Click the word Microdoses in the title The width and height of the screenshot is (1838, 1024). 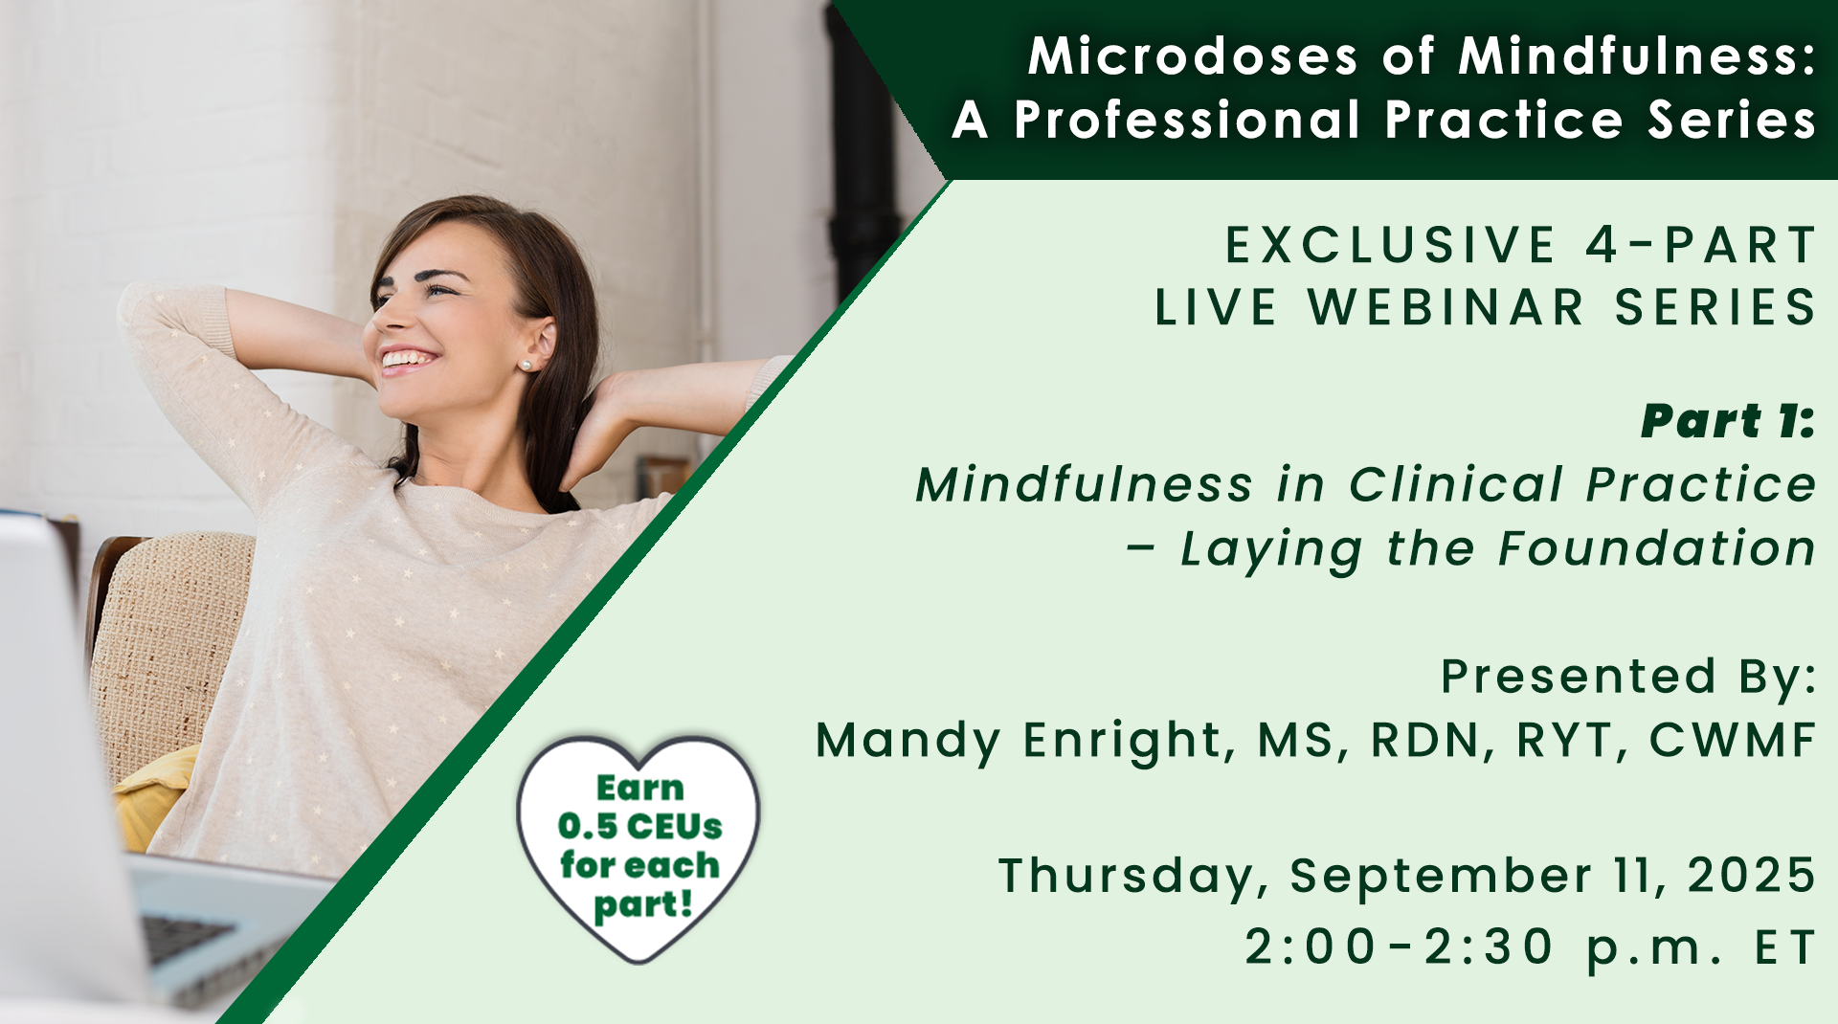[1193, 56]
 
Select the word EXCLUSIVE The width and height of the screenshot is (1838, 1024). [1390, 245]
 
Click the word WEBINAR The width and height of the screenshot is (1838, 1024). [1446, 307]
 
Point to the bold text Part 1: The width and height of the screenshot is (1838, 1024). [1728, 421]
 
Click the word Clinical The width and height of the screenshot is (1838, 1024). [1455, 484]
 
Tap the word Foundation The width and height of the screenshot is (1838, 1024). [1656, 548]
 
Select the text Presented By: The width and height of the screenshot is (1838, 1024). [1628, 677]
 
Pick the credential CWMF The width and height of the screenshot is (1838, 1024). [1732, 740]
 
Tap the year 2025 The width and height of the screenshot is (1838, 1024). [1751, 875]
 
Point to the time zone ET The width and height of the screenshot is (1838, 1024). [1784, 947]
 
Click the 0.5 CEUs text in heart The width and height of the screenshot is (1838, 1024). [639, 826]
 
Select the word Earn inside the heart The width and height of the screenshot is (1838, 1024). [639, 788]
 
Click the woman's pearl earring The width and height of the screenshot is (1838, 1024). [525, 365]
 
